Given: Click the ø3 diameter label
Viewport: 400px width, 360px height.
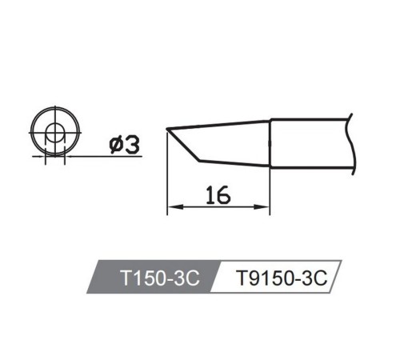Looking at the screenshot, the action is pos(124,146).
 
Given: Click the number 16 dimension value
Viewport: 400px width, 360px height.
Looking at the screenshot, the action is pos(218,195).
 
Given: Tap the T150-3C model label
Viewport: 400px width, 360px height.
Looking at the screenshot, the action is pos(160,278).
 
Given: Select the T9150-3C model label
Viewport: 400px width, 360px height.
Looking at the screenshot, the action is pos(282,278).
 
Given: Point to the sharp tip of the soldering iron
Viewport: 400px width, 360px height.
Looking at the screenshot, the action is pos(167,130).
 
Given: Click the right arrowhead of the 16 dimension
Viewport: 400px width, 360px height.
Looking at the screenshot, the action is pos(262,206).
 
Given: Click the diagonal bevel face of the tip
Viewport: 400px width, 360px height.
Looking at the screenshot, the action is pos(183,146).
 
